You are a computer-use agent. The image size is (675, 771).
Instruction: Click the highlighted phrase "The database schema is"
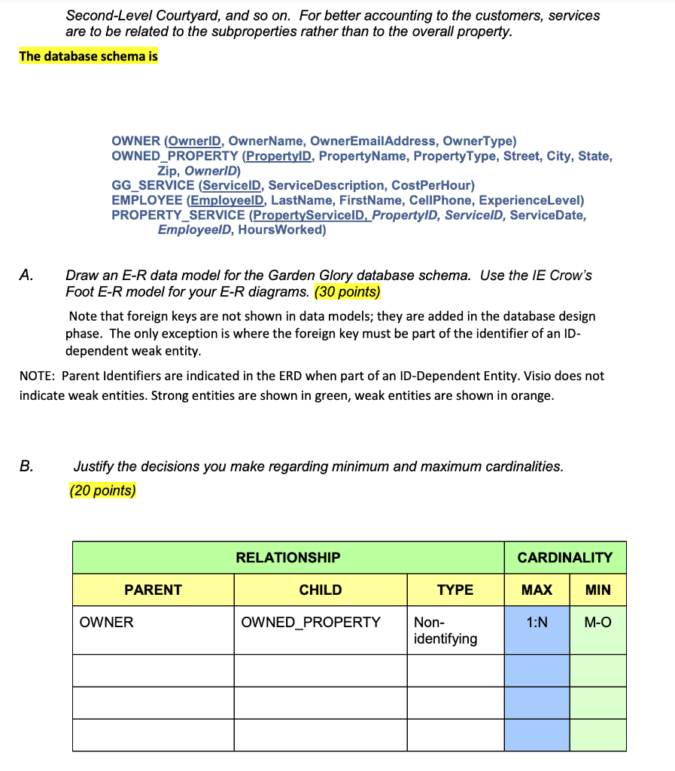(x=88, y=56)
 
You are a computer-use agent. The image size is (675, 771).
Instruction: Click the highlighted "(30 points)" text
(x=347, y=291)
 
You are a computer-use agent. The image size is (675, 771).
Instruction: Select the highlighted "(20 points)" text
(x=102, y=491)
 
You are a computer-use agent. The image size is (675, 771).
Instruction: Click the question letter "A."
(x=27, y=276)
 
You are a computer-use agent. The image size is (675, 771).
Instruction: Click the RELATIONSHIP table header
(x=287, y=558)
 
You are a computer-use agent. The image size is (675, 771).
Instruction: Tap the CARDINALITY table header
(x=564, y=558)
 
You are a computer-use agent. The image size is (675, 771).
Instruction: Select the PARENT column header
(x=153, y=590)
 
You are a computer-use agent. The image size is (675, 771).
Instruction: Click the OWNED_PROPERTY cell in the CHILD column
(x=311, y=623)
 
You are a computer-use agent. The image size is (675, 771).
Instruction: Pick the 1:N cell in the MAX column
(x=537, y=623)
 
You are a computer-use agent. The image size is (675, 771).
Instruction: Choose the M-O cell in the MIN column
(x=597, y=623)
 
